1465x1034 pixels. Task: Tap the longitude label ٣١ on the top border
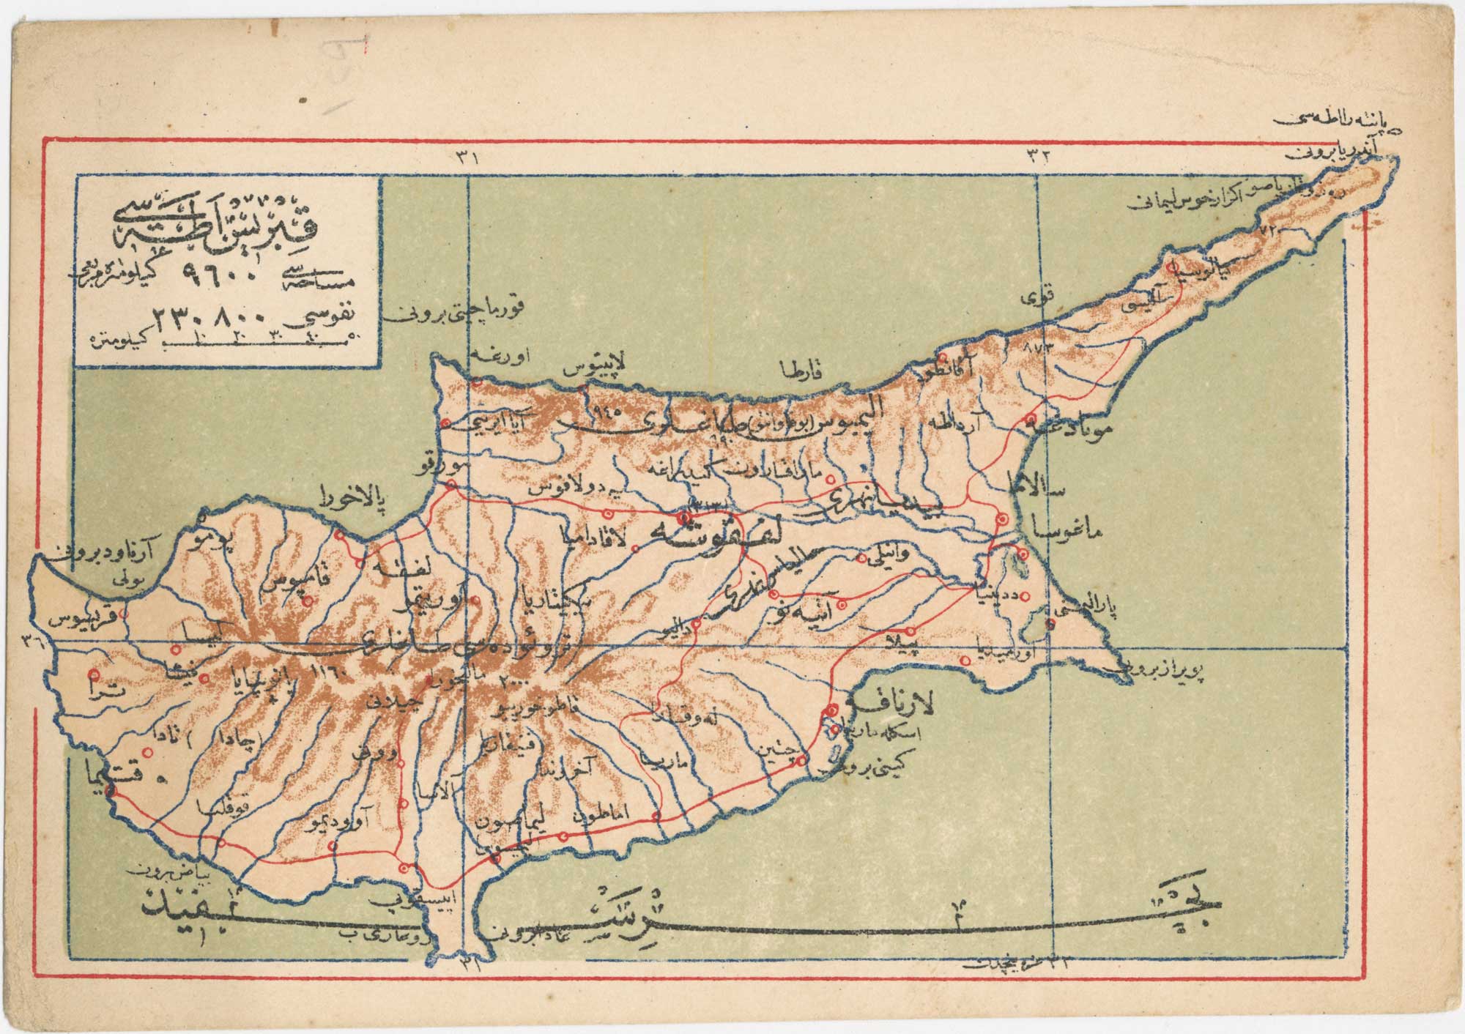(467, 157)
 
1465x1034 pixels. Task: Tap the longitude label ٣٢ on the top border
(1041, 157)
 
